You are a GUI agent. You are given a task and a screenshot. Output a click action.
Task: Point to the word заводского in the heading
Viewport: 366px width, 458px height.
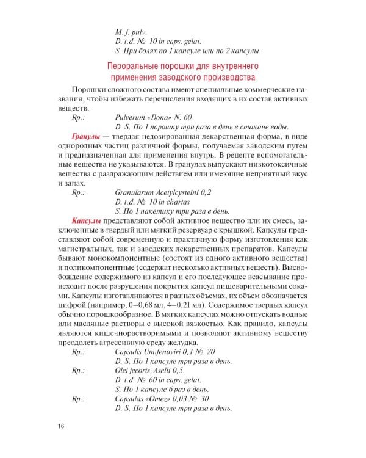pyautogui.click(x=186, y=77)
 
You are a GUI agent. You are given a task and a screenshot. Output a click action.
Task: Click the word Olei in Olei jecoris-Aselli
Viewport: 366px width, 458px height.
pyautogui.click(x=122, y=370)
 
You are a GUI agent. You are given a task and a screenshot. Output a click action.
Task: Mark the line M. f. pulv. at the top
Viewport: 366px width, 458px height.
pyautogui.click(x=131, y=31)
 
